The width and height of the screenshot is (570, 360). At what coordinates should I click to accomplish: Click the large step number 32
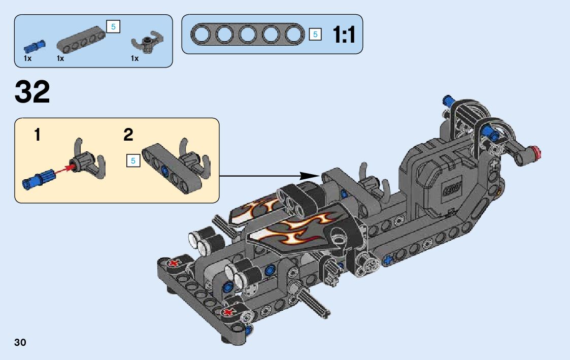(33, 92)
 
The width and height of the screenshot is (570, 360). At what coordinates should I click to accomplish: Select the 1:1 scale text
(344, 35)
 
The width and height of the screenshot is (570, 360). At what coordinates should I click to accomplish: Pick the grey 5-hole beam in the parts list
(81, 40)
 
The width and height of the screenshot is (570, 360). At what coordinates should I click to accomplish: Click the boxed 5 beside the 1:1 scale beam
(315, 35)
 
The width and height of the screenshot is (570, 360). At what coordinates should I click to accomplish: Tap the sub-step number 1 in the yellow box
(37, 135)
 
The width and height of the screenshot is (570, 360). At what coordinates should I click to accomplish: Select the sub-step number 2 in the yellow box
(128, 135)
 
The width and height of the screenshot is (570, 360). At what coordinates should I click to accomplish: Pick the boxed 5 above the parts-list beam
(113, 26)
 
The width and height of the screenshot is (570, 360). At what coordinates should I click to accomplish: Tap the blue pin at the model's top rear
(448, 100)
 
